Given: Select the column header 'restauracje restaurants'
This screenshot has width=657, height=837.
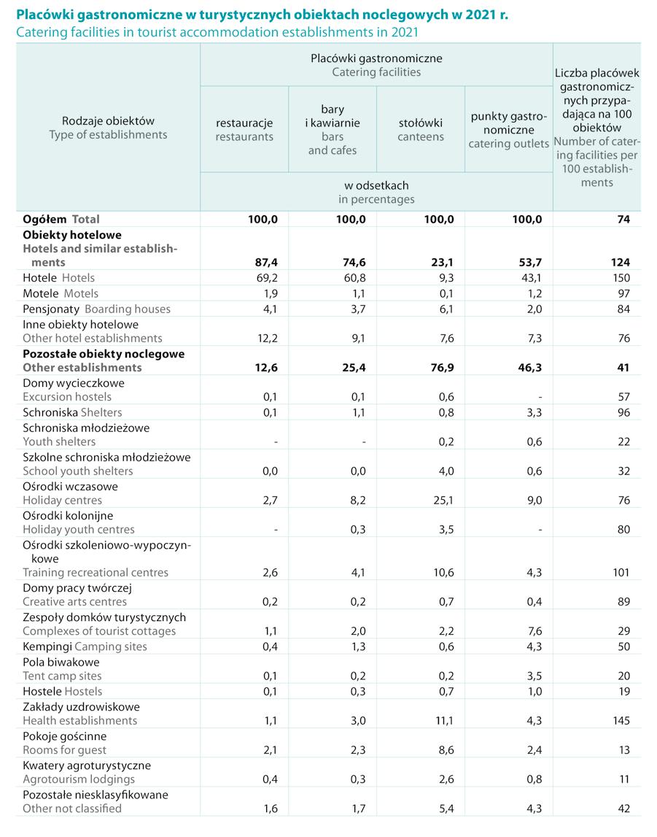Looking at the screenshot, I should coord(244,130).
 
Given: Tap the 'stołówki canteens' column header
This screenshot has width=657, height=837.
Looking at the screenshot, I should coord(421,130).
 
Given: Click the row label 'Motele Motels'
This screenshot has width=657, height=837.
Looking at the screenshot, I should coord(61,293).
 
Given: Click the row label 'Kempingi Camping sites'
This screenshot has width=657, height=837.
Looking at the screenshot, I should coord(85,647).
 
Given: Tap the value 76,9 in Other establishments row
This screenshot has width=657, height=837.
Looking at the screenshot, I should coord(441,368).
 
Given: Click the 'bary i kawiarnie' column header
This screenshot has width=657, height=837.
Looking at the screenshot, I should coord(333,130).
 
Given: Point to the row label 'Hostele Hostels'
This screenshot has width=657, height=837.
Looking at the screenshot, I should coord(63,691).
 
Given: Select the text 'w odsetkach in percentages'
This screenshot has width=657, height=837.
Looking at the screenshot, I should coord(376,192).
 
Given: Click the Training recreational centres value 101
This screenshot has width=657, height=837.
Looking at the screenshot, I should coord(620,573).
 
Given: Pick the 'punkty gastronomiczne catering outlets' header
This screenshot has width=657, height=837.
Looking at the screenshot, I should coord(508,130).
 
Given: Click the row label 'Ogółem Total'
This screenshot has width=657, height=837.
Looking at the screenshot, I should coord(61,219).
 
